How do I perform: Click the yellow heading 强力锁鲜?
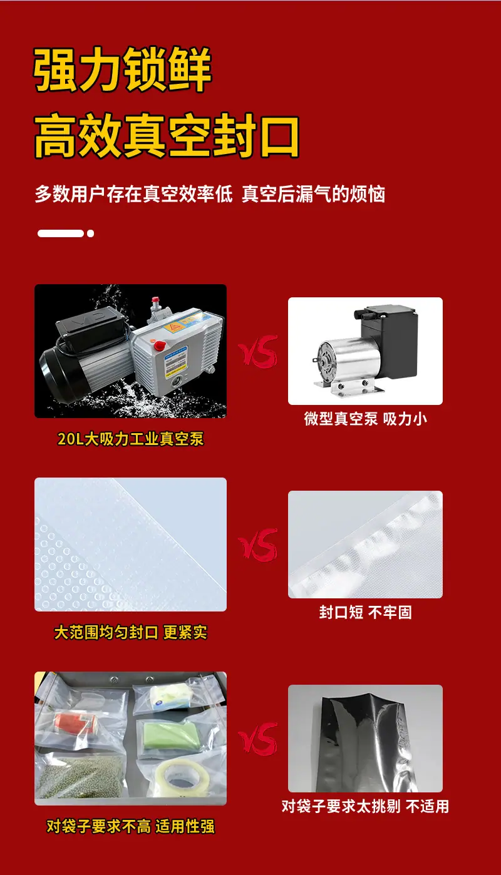122,69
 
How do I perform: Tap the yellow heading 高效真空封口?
167,135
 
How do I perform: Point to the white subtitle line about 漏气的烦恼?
210,194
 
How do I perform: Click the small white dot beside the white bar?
91,233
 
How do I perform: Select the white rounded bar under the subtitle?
61,233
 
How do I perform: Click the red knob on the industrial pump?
160,345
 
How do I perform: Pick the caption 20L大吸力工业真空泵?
130,439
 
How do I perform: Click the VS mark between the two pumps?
258,351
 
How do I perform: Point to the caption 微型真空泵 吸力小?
365,419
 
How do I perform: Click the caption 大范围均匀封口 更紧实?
130,632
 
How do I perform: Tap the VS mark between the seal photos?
258,545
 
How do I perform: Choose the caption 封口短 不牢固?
365,612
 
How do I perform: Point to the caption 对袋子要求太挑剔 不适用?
365,806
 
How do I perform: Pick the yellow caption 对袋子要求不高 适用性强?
130,827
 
